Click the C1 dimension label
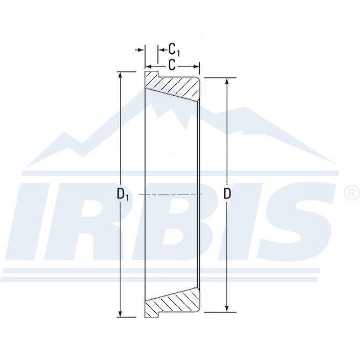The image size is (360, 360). click(174, 49)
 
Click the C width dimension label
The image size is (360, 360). click(172, 66)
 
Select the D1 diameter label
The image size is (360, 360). click(123, 195)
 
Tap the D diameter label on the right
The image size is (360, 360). click(227, 194)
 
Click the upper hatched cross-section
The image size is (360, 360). click(175, 87)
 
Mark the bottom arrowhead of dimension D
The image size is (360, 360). click(227, 308)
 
